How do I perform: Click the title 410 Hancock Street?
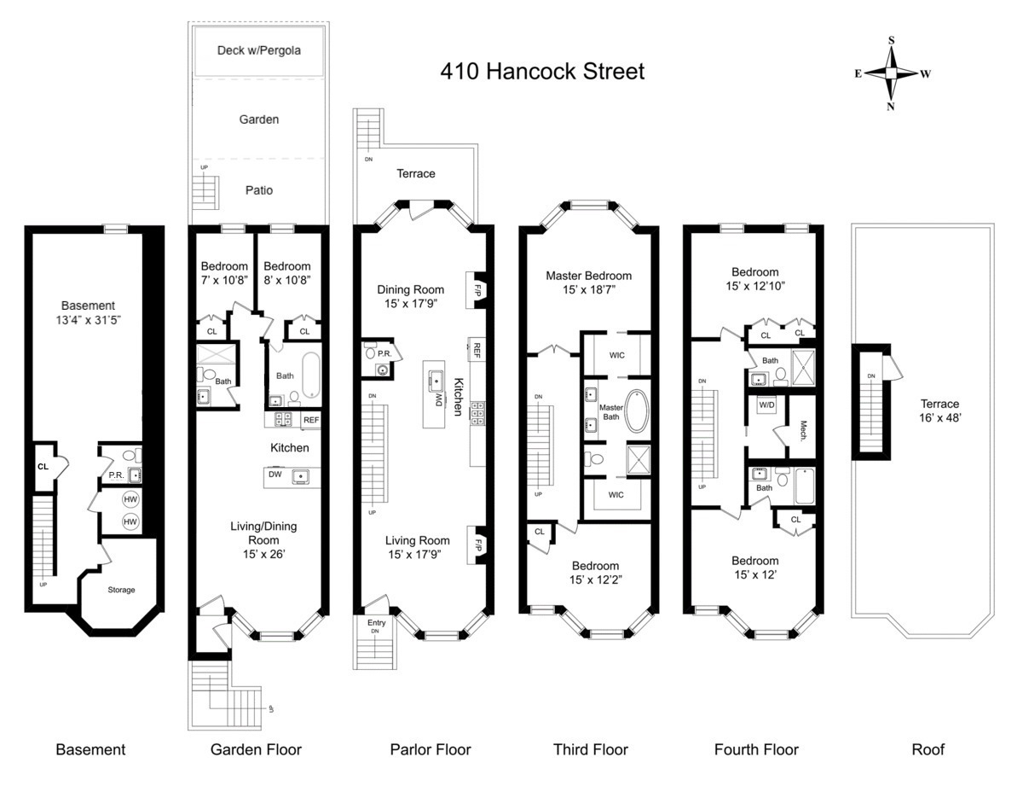542,71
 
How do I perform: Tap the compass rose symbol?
892,73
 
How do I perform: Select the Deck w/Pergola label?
258,50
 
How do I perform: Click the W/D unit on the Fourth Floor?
767,405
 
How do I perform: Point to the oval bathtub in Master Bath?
635,411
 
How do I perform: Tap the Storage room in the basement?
120,589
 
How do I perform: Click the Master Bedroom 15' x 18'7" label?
589,282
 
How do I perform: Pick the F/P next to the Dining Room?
479,288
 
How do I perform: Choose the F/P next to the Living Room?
479,544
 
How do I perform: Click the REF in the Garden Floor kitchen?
311,420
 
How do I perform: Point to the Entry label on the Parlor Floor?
376,623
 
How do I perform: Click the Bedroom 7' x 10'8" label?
224,272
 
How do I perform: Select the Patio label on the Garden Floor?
259,189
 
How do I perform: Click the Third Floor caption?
590,749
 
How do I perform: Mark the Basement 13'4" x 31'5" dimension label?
88,312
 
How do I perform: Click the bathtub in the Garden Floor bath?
308,376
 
